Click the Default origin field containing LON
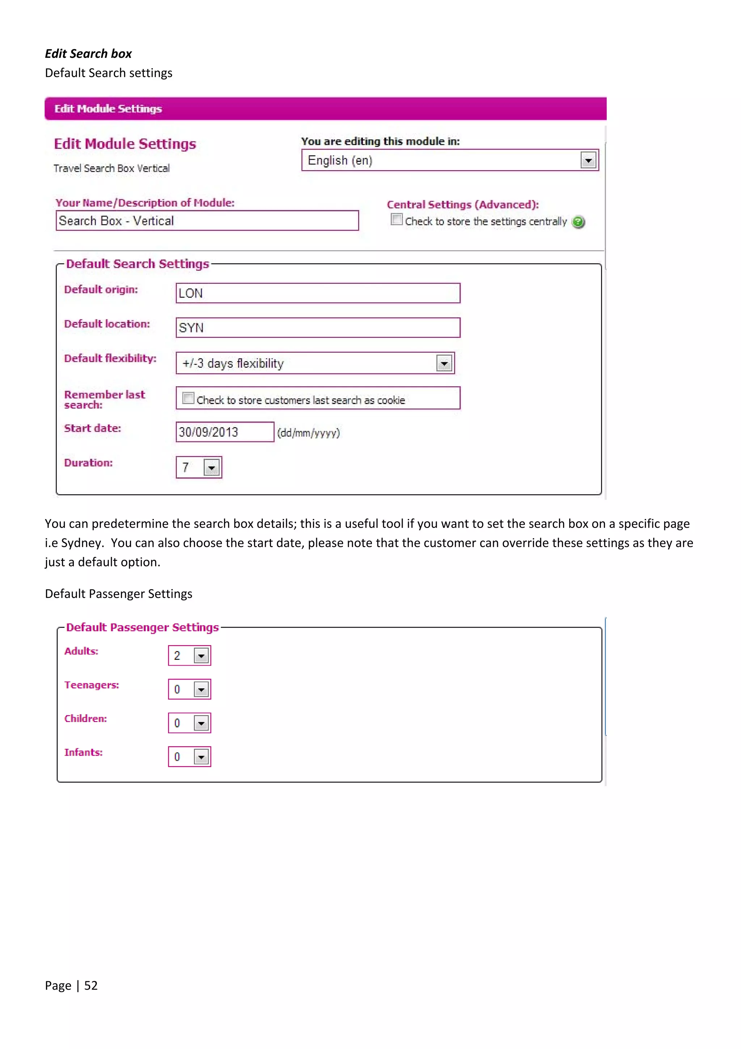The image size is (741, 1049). (318, 293)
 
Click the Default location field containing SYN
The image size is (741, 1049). (318, 328)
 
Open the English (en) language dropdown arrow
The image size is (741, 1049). (588, 160)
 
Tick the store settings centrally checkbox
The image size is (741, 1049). (396, 220)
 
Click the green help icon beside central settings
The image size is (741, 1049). (578, 222)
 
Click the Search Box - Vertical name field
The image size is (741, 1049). (207, 221)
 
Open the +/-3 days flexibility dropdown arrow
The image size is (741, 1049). (444, 364)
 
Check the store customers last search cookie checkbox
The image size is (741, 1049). (188, 398)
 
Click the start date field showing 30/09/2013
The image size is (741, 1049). (225, 432)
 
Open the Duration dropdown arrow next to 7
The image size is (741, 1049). (211, 468)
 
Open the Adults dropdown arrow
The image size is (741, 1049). (201, 656)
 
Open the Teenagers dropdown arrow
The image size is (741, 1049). (201, 689)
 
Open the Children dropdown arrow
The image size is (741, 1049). (201, 723)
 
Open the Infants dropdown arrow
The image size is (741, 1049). (201, 757)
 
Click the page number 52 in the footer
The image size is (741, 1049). (91, 986)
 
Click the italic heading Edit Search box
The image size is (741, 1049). (88, 54)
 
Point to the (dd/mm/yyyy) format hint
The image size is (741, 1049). (309, 433)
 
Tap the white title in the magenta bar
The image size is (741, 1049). (108, 109)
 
